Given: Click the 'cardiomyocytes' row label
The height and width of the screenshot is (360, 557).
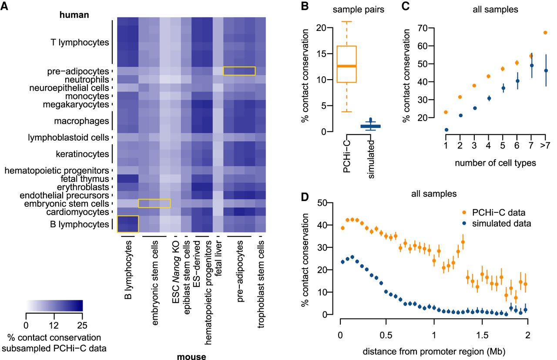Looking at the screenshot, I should (x=81, y=212).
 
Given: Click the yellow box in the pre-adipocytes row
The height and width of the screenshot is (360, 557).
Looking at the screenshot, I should (x=239, y=71).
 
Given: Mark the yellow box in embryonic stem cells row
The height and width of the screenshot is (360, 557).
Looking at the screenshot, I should (x=154, y=203).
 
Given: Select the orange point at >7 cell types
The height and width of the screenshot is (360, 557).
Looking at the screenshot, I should (x=545, y=33).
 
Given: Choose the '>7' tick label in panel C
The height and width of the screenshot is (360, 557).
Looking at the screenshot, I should (x=544, y=145).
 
